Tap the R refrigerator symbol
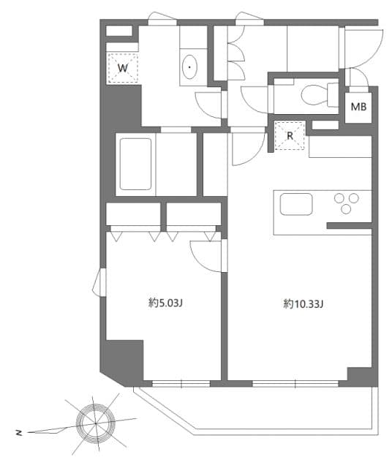pyautogui.click(x=290, y=136)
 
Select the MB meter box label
pyautogui.click(x=358, y=107)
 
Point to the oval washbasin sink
pyautogui.click(x=191, y=68)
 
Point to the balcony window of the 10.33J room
pyautogui.click(x=295, y=382)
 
